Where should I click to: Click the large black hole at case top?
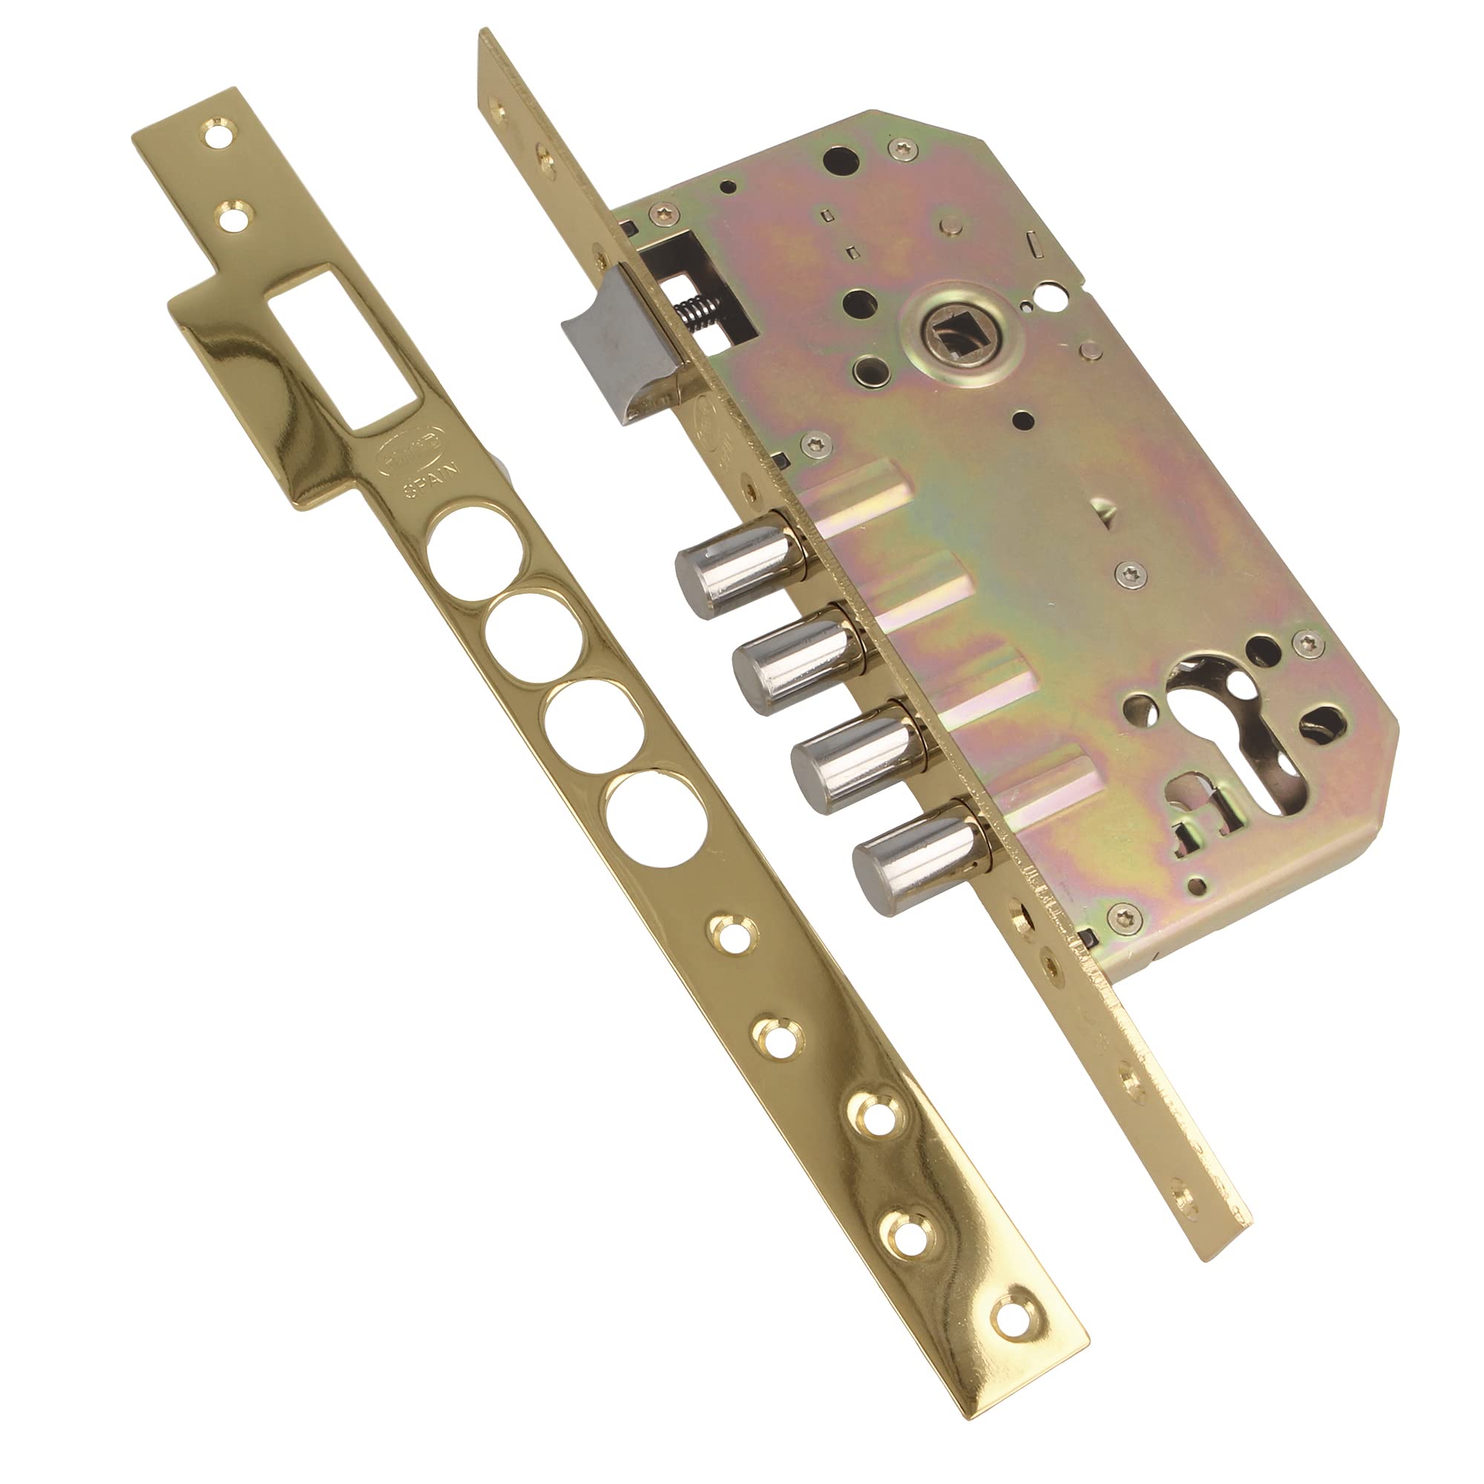841,159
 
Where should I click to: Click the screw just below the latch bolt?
815,444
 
